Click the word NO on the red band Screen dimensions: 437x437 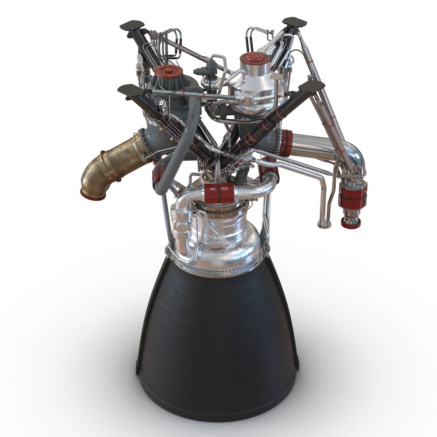tap(213, 189)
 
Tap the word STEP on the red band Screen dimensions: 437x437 tap(223, 189)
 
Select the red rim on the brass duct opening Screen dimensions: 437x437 tap(93, 195)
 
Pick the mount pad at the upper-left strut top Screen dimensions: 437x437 tap(132, 25)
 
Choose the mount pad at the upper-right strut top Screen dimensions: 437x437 tap(294, 22)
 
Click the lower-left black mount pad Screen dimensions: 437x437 tap(128, 90)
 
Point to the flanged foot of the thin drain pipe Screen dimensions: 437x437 tap(324, 224)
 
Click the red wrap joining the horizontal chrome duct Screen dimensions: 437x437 tap(286, 143)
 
